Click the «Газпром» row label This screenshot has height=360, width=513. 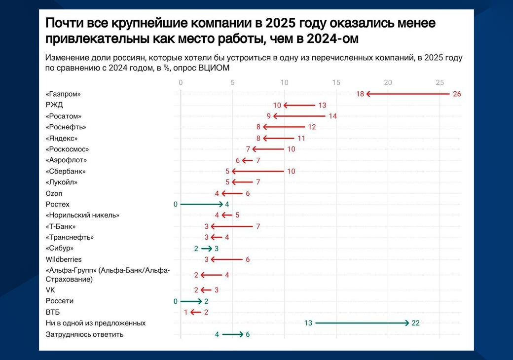pos(63,94)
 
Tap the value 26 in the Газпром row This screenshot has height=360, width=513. pos(456,94)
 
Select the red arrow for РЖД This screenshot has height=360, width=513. pos(299,105)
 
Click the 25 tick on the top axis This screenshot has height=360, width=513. pos(440,82)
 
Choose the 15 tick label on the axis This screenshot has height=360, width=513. pos(336,82)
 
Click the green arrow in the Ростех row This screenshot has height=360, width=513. pos(202,204)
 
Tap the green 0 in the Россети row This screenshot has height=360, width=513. pos(175,301)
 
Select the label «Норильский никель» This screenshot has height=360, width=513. pos(82,216)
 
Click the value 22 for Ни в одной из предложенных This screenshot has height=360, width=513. pos(415,324)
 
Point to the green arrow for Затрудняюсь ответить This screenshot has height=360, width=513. pos(232,334)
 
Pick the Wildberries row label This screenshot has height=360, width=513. pos(64,259)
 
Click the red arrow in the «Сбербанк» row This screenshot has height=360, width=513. pos(258,171)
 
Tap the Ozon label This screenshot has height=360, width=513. pos(54,193)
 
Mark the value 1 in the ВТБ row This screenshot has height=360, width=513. pos(185,312)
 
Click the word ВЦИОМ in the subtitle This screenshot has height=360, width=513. pos(214,68)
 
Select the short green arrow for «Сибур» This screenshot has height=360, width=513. pos(206,249)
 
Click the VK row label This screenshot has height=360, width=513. pos(50,290)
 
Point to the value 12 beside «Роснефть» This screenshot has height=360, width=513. pos(311,127)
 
